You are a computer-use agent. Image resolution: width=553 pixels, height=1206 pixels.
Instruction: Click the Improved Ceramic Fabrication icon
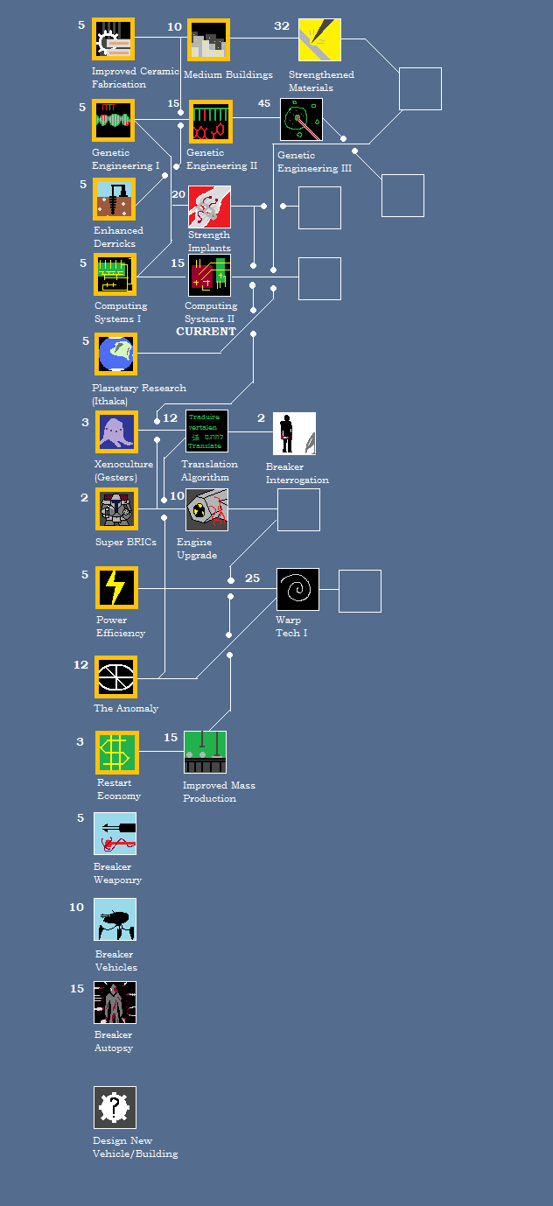point(114,39)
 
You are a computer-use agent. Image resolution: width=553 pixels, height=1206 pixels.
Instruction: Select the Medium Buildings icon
point(208,39)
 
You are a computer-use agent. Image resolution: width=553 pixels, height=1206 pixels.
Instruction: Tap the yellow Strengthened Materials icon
point(319,39)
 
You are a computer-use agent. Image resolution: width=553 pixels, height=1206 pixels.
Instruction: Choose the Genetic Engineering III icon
point(302,120)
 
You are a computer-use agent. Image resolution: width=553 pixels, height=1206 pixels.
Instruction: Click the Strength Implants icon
point(210,207)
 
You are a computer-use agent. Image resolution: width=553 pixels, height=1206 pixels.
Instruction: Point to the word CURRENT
point(206,332)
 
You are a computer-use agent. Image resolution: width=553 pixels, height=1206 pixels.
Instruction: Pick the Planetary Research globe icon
point(116,354)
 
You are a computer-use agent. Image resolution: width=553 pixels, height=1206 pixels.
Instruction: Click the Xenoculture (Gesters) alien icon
point(116,432)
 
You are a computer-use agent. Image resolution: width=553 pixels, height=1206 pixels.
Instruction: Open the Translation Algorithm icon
point(207,431)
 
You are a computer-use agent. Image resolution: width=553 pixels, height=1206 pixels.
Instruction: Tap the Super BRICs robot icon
point(116,509)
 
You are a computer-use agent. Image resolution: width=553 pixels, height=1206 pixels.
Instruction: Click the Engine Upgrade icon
point(207,509)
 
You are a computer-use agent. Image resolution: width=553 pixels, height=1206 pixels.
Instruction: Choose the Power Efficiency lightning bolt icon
point(116,588)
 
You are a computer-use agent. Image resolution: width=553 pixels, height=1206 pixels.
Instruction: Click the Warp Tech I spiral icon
point(297,589)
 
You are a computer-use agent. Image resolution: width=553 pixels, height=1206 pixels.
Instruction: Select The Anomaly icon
point(116,677)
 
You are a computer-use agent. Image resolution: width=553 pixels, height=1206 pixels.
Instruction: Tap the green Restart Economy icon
point(116,753)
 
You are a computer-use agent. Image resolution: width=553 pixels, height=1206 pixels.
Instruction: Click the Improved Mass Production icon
point(206,752)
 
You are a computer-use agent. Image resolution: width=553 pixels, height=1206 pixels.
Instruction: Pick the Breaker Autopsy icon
point(115,1002)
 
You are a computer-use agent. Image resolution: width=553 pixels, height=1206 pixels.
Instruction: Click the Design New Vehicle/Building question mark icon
point(115,1107)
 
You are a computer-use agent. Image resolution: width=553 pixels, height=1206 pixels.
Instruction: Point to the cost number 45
point(264,103)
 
